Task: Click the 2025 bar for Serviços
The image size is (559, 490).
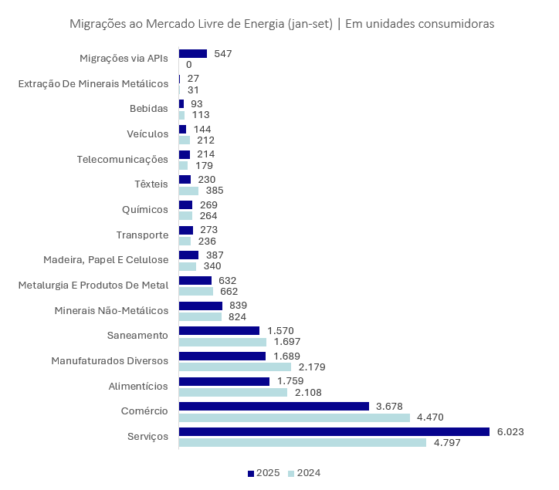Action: [334, 431]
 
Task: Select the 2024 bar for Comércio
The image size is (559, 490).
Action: [294, 417]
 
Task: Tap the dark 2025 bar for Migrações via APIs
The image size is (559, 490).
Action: [193, 53]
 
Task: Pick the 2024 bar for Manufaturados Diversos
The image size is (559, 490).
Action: [235, 367]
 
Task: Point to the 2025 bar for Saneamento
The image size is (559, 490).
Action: [219, 330]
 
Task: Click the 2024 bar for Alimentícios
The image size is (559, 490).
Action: [232, 392]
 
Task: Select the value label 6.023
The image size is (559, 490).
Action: [510, 431]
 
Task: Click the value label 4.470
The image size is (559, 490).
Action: [430, 417]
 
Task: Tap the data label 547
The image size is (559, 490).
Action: [223, 53]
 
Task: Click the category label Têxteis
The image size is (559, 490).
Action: [151, 184]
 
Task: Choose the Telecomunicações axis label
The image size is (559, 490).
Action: [122, 159]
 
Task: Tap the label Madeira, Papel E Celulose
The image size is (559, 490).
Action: [106, 260]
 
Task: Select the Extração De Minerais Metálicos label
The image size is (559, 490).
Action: [93, 83]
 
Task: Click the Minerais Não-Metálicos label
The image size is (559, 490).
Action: [111, 310]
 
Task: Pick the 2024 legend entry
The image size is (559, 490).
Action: [303, 473]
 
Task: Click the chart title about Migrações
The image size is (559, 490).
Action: [282, 24]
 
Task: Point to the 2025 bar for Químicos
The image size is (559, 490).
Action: [185, 204]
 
